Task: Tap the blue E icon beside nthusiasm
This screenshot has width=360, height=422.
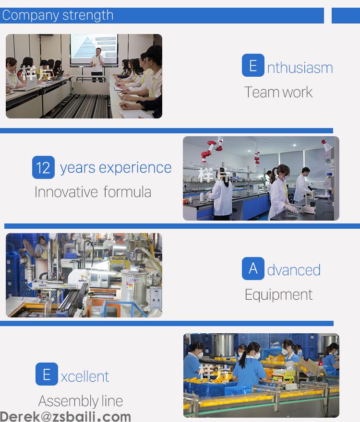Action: [x=253, y=65]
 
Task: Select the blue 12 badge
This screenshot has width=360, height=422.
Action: [x=43, y=167]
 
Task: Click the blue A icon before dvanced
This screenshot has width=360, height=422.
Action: [x=253, y=269]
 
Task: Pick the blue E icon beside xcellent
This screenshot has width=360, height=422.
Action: [x=47, y=374]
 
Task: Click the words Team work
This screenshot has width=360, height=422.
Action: [x=278, y=92]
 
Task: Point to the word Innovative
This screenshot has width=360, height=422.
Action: [x=66, y=192]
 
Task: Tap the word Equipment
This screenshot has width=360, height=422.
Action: [x=278, y=295]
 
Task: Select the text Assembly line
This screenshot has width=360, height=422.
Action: [x=81, y=401]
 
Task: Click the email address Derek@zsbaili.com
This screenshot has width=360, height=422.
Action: [x=65, y=417]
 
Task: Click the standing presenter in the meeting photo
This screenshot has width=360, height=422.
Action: [x=97, y=65]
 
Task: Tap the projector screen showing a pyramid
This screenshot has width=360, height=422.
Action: [x=94, y=49]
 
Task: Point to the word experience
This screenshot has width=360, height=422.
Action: [x=135, y=168]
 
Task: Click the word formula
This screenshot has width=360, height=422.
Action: [x=127, y=192]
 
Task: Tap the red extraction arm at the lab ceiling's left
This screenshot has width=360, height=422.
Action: [x=212, y=149]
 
